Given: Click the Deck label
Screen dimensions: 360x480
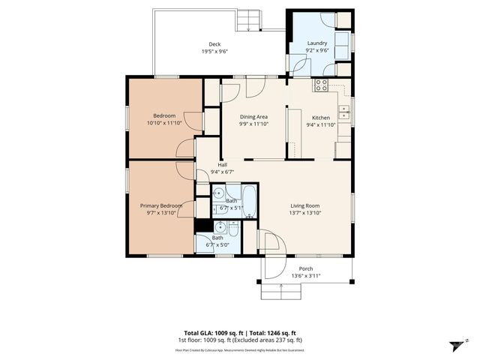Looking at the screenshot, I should (214, 44).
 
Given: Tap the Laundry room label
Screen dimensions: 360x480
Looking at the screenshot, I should (317, 43).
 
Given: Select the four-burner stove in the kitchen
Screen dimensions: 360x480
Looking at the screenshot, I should (321, 85).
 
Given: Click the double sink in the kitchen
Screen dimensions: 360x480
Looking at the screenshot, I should (343, 113).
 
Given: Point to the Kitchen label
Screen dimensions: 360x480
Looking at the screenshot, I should (320, 118).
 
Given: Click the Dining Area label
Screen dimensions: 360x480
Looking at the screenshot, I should (253, 118).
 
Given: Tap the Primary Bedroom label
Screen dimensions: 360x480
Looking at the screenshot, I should (160, 205).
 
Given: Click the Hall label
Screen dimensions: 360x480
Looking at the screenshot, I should (223, 164).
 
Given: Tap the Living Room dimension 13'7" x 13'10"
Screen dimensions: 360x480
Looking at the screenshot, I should (306, 213).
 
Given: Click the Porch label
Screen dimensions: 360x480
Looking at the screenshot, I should (306, 268).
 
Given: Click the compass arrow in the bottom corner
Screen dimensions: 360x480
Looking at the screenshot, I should (454, 345).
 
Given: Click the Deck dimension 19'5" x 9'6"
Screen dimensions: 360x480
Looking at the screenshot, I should (214, 52).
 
